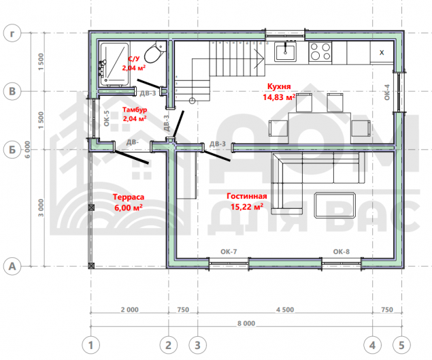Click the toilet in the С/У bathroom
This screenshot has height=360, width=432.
[x=155, y=52]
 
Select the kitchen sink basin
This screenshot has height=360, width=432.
[x=285, y=52]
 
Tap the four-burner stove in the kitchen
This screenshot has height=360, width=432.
[x=320, y=52]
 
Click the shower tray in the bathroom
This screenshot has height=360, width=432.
[x=114, y=64]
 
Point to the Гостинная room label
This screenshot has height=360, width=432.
[x=247, y=196]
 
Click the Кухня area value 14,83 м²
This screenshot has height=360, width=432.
[x=279, y=97]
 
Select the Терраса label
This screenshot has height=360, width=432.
[x=129, y=197]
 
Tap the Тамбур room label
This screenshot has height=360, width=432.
[x=135, y=110]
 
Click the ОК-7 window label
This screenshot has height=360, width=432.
[x=229, y=251]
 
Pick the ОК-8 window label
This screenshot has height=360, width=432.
[x=342, y=251]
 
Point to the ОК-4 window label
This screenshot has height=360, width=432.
[x=387, y=93]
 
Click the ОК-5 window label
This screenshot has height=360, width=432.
[x=106, y=118]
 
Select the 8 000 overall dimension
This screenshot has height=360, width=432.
[x=246, y=323]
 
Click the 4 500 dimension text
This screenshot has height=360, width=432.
[x=285, y=310]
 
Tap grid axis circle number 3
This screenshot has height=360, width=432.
[x=197, y=345]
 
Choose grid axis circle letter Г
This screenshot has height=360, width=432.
[x=12, y=33]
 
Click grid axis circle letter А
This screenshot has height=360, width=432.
[x=12, y=266]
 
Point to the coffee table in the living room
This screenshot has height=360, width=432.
[x=335, y=205]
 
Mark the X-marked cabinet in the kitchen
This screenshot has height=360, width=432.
[x=382, y=52]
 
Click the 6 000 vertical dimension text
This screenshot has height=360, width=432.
[x=27, y=150]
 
